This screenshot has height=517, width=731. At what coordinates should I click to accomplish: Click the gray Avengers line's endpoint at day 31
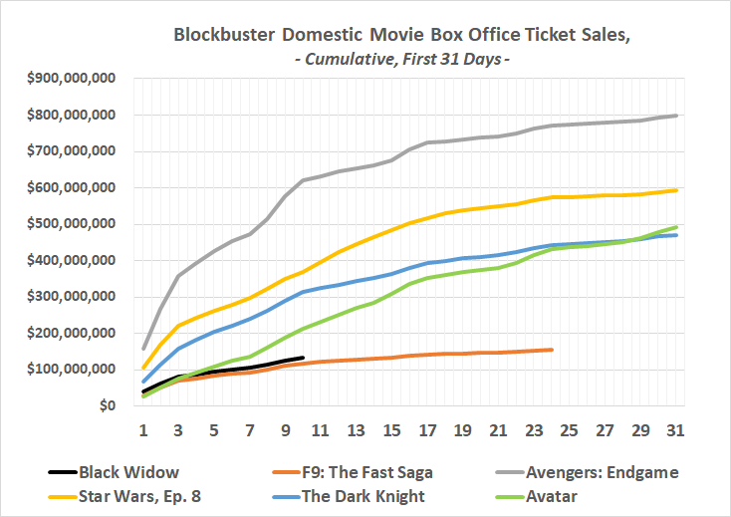677,116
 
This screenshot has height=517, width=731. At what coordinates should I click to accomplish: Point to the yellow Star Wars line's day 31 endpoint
677,190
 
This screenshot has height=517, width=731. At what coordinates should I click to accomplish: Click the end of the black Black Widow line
303,357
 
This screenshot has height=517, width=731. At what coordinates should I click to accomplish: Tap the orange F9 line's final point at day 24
552,350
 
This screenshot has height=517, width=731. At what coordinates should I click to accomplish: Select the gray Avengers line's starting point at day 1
143,349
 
